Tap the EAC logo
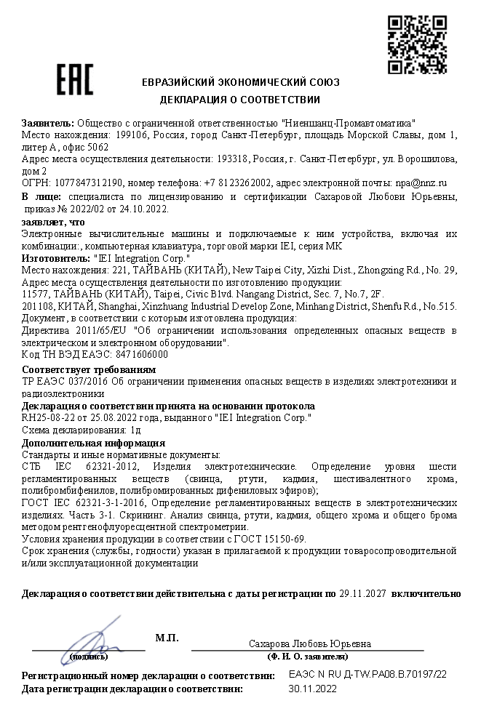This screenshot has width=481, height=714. tap(75, 80)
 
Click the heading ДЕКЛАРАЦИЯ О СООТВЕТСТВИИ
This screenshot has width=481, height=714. tap(240, 99)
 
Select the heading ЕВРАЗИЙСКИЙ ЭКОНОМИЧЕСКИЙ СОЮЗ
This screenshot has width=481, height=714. tap(240, 82)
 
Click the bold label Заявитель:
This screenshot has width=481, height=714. tap(48, 123)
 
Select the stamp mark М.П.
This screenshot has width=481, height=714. tap(167, 638)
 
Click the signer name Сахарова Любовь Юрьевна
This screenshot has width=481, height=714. tap(309, 643)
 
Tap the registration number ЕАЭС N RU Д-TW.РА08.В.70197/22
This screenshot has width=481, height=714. tap(367, 674)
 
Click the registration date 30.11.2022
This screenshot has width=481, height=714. tap(312, 687)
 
